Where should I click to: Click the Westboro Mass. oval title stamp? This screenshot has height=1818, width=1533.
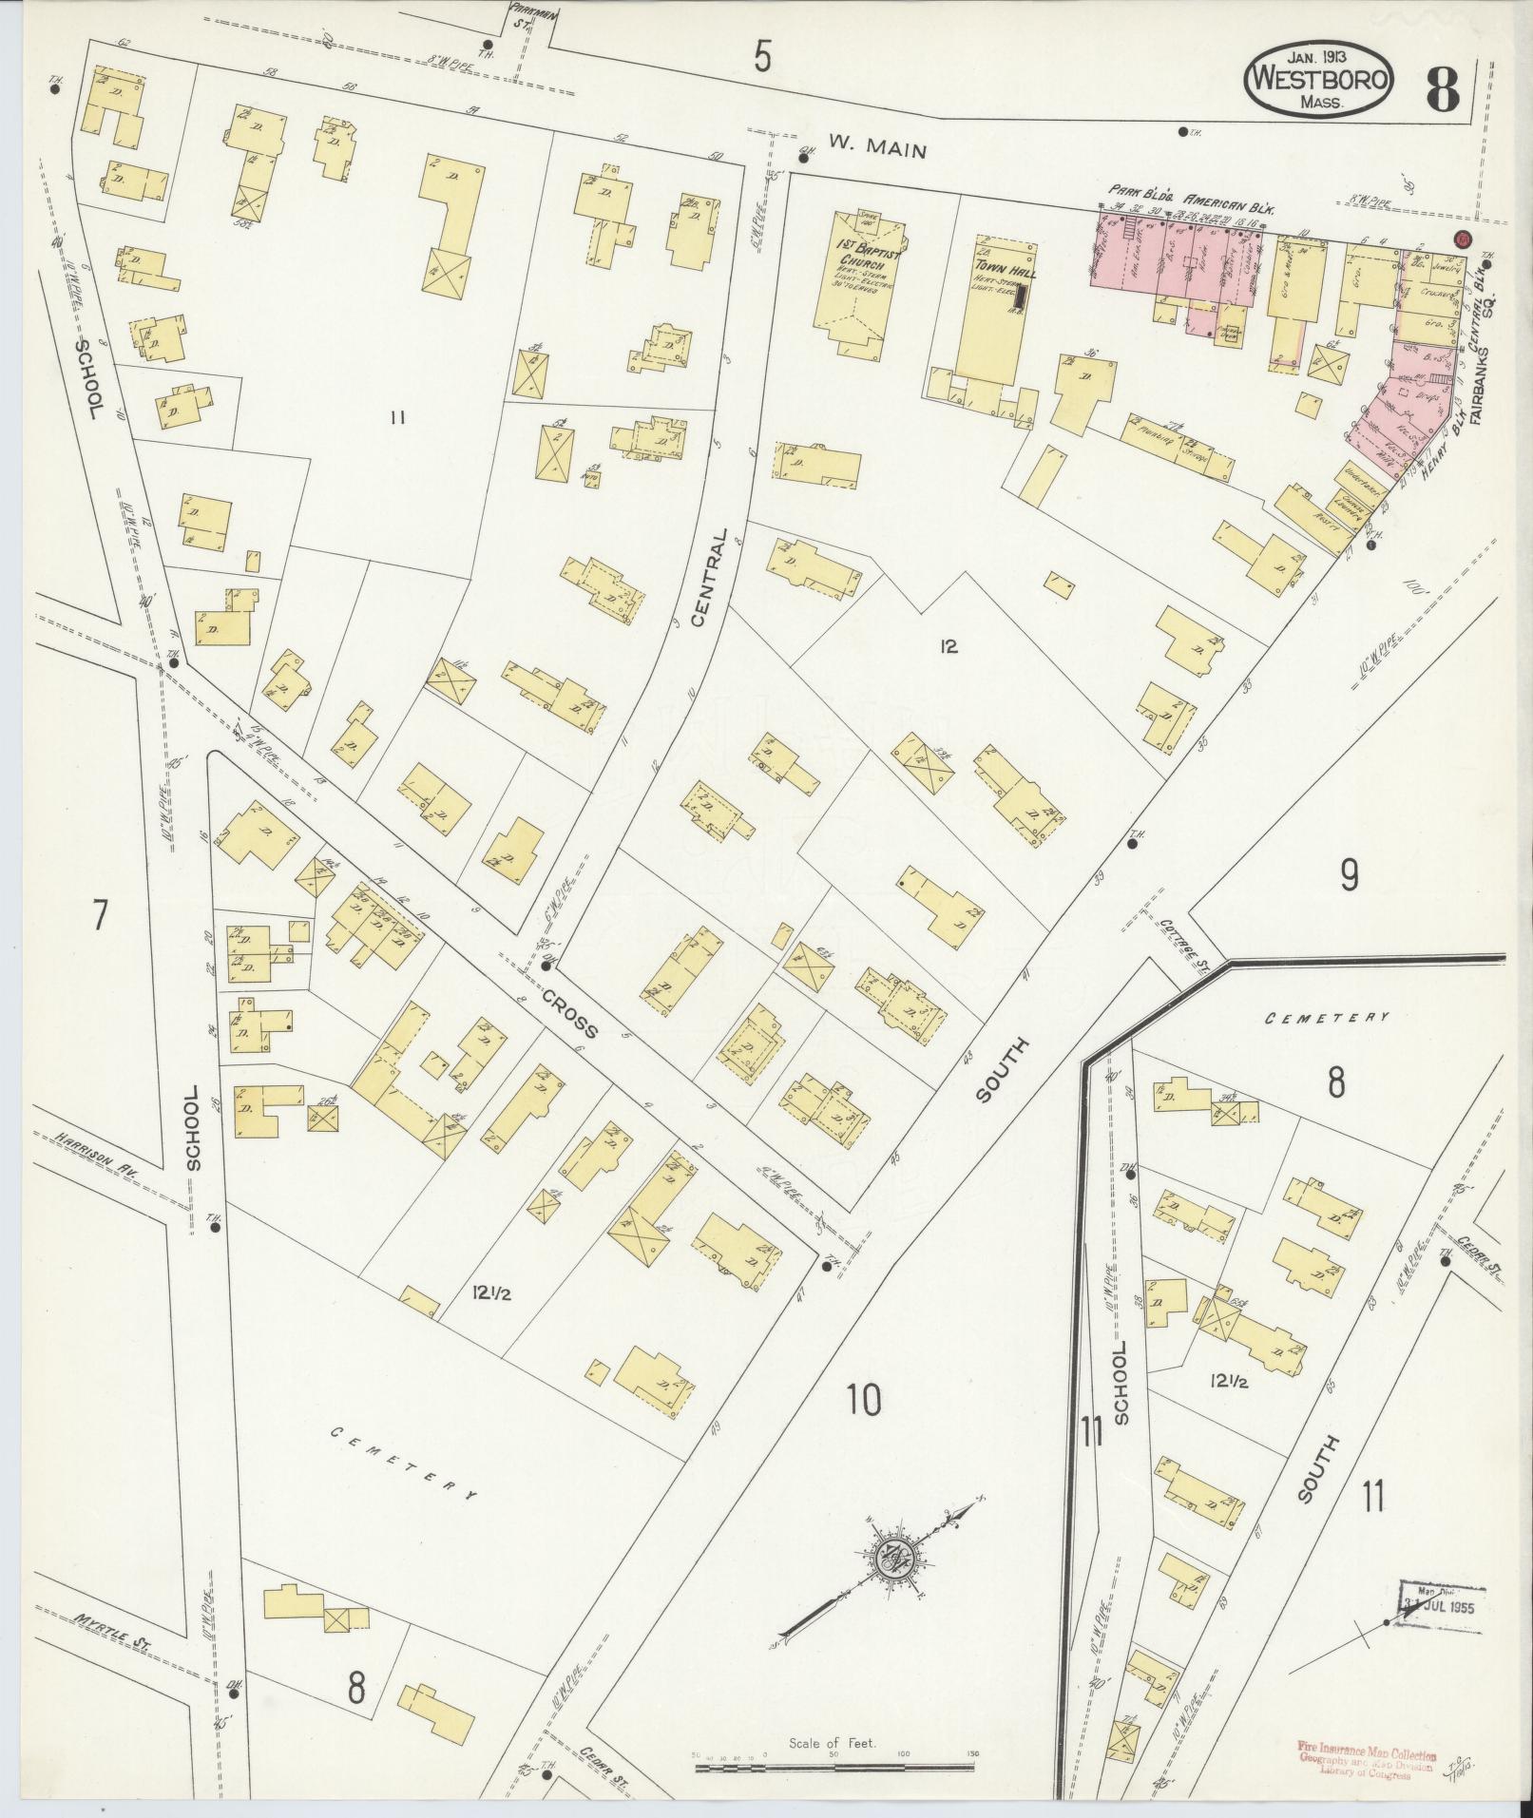tap(1318, 78)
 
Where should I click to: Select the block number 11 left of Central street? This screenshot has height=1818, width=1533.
tap(397, 416)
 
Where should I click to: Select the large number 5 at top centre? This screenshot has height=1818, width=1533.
tap(762, 57)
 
